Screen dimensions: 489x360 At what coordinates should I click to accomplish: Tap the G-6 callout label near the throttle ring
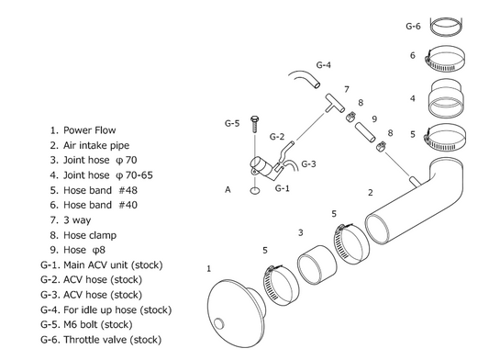[x=413, y=27]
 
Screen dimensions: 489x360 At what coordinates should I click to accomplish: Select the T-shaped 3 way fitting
[x=335, y=103]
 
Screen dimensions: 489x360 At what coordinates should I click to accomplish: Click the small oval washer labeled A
[x=255, y=190]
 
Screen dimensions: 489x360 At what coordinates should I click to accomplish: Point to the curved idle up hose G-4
[x=304, y=79]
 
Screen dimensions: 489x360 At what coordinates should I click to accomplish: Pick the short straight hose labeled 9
[x=365, y=131]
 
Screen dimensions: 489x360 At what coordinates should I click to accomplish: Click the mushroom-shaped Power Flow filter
[x=237, y=313]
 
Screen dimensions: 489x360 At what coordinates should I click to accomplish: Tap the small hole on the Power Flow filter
[x=219, y=323]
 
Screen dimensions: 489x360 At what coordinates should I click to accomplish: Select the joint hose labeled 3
[x=317, y=265]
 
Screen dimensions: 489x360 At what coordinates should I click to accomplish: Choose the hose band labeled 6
[x=445, y=59]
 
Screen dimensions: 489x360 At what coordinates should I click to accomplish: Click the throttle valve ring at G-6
[x=446, y=27]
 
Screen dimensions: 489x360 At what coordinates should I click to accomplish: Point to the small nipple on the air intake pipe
[x=415, y=182]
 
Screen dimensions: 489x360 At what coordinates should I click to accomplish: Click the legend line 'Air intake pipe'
[x=96, y=145]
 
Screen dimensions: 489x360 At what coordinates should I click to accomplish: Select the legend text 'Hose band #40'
[x=100, y=205]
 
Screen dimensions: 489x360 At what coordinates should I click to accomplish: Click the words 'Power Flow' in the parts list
[x=90, y=130]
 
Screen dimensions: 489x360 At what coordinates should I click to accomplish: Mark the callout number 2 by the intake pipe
[x=370, y=193]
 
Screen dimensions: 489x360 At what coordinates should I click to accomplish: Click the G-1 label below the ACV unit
[x=283, y=188]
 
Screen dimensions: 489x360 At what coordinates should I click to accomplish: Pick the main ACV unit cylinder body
[x=263, y=168]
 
